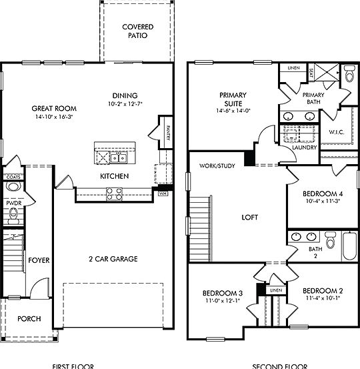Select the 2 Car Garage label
pos(113,259)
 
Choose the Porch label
pos(28,319)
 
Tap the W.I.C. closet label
pos(335,132)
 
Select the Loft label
pos(250,216)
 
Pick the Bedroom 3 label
pos(222,293)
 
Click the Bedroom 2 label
pos(323,291)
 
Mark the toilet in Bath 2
pos(330,239)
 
